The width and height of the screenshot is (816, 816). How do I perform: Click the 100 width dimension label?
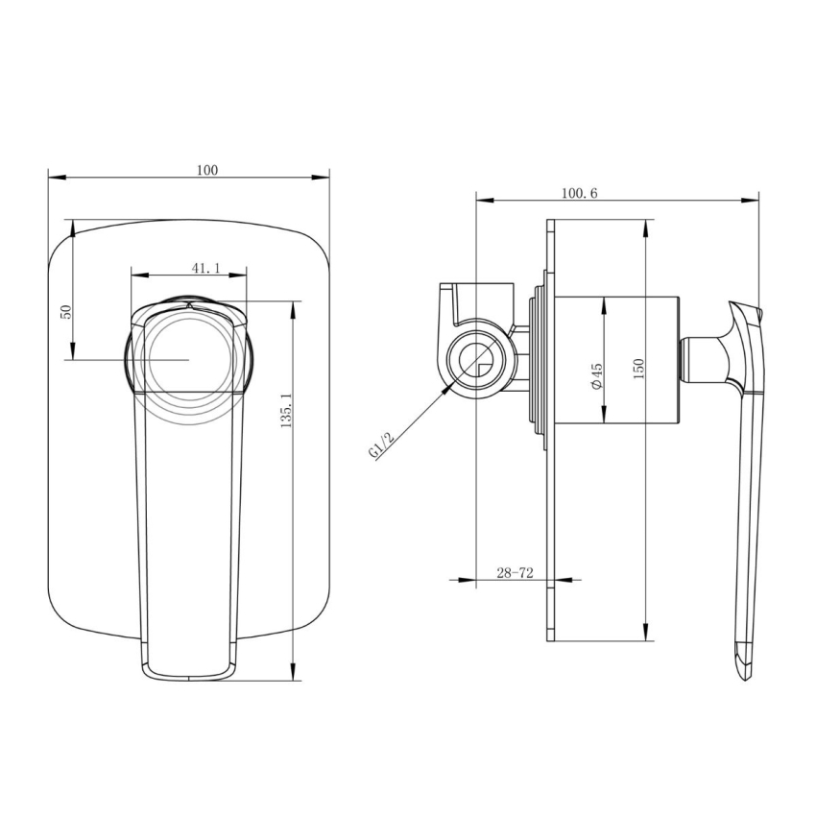(x=206, y=170)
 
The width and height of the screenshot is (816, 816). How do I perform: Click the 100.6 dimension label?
(x=579, y=193)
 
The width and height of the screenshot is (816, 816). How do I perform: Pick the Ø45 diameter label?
(x=596, y=375)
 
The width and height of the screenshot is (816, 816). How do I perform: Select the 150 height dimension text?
(x=638, y=367)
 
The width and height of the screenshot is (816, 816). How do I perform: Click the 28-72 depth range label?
(x=515, y=572)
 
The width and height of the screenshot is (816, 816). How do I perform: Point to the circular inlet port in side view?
(x=475, y=361)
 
